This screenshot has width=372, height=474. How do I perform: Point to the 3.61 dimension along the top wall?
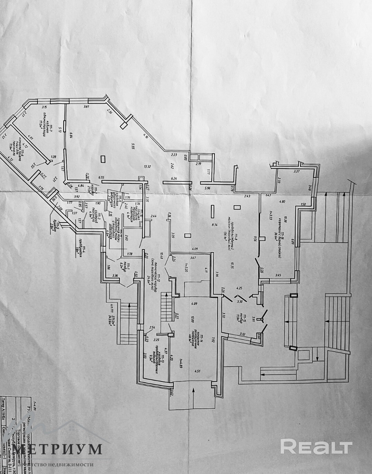[x=87, y=107]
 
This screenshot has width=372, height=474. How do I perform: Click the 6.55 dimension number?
[x=101, y=178]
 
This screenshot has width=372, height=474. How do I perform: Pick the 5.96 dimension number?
[x=208, y=188]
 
